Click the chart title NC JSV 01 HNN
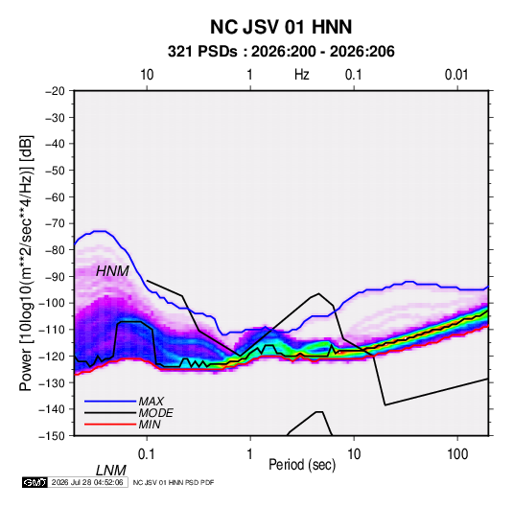(281, 27)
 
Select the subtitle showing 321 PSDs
(281, 52)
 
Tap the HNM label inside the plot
(112, 271)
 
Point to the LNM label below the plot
(110, 471)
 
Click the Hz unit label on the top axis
(302, 75)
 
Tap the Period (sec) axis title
(302, 465)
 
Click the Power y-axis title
(26, 264)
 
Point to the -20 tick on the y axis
(55, 91)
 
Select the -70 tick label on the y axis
(55, 223)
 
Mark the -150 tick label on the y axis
(52, 436)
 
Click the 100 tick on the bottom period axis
(457, 453)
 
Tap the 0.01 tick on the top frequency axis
(456, 75)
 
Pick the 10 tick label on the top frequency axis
(147, 75)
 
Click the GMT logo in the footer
(35, 482)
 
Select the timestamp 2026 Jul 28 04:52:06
(87, 482)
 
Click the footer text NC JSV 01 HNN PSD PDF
(174, 482)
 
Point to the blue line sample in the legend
(110, 401)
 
